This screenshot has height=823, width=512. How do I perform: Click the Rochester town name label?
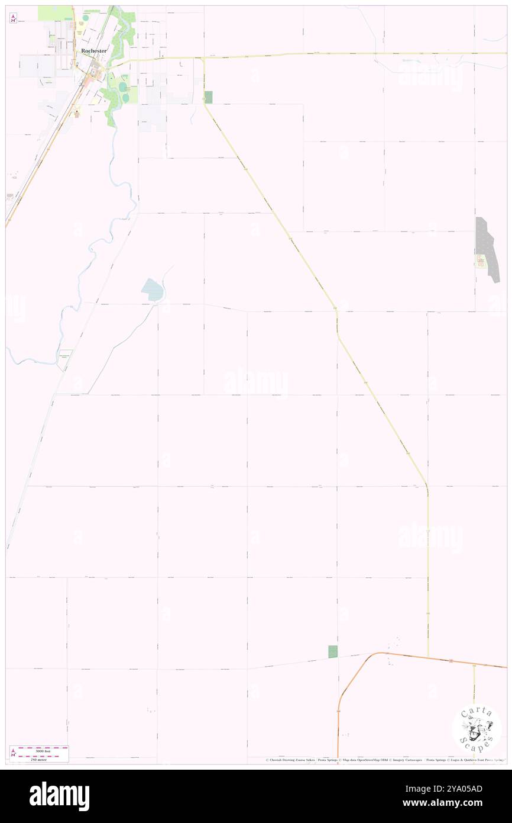(94, 51)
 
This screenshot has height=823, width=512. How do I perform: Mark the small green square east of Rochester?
(208, 97)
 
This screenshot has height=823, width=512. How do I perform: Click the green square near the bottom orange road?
(333, 651)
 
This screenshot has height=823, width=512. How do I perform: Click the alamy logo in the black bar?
(59, 796)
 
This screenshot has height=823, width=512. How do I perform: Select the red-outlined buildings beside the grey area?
(481, 261)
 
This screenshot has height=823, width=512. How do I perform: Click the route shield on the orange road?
(451, 660)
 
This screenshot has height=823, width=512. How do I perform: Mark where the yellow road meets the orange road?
(427, 657)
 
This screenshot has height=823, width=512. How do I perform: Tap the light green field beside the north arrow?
(54, 12)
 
